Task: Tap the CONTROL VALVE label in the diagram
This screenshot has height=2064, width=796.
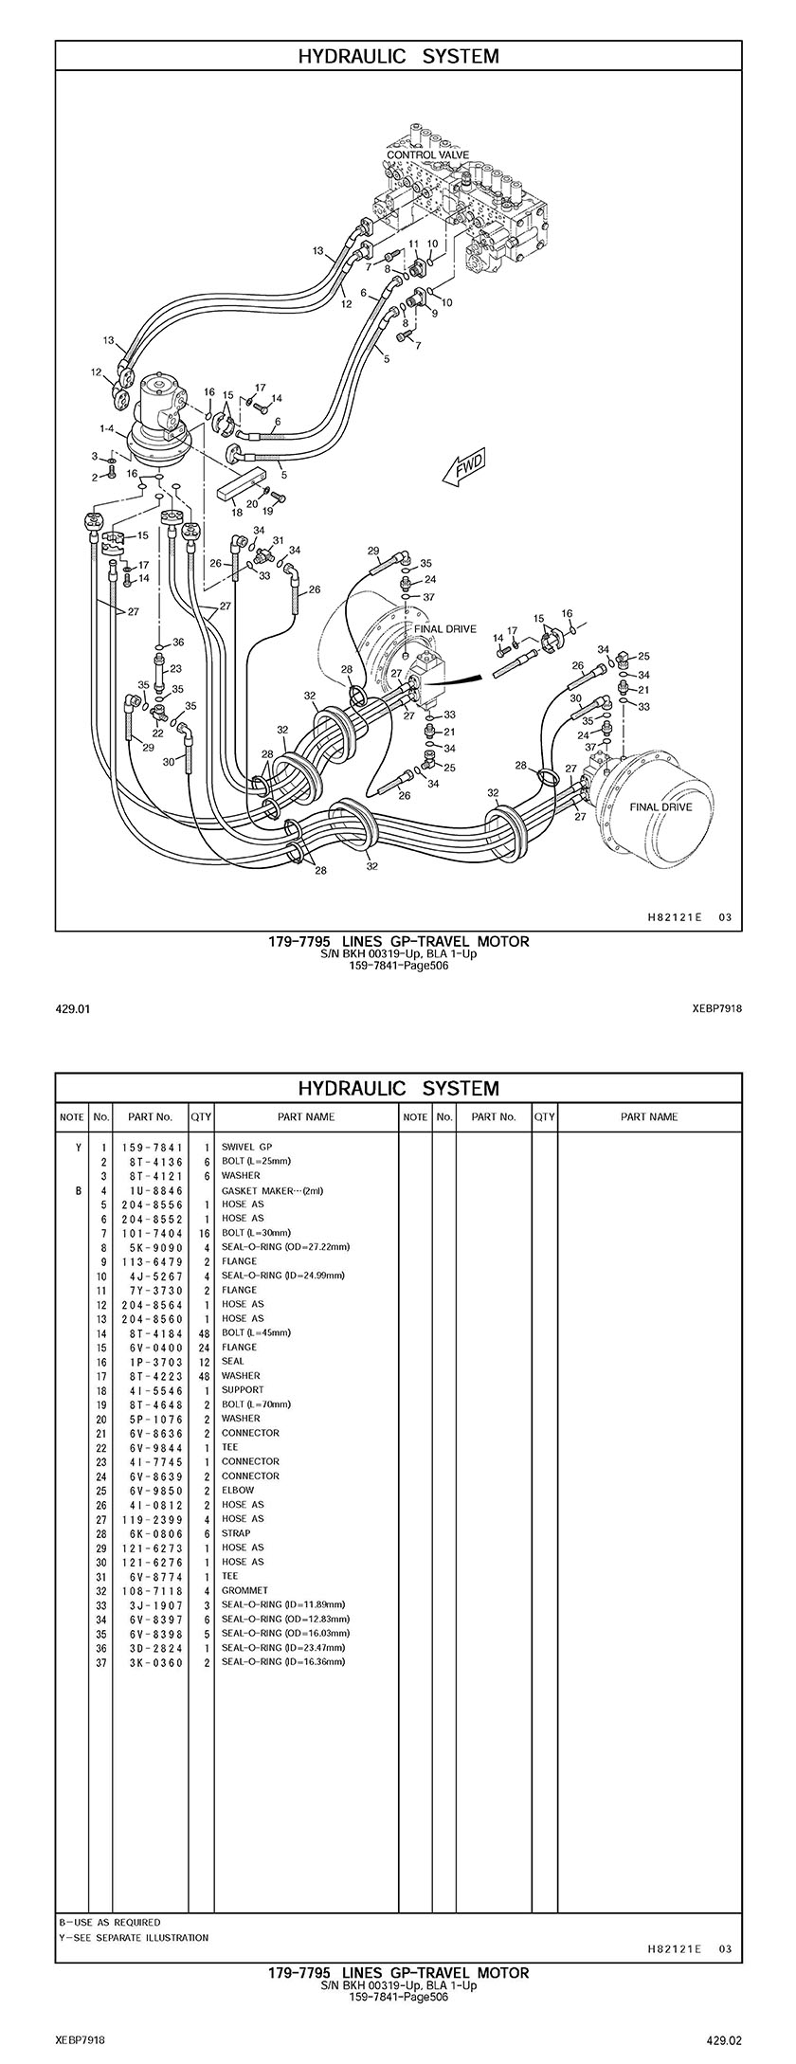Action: click(427, 154)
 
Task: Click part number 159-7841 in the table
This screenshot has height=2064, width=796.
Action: click(152, 1147)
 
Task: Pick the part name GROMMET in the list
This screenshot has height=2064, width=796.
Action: click(244, 1590)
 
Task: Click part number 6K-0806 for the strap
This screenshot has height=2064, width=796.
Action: click(152, 1532)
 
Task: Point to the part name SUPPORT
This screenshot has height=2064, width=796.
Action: click(243, 1389)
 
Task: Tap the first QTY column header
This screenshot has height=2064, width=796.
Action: click(201, 1116)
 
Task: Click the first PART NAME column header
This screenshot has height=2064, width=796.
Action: click(306, 1116)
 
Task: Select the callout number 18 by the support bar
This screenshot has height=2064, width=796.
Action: click(237, 513)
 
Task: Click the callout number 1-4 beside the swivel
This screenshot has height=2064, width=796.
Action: click(107, 429)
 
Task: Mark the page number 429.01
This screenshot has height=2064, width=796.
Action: click(72, 1009)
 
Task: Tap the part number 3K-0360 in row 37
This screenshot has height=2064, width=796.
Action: click(152, 1661)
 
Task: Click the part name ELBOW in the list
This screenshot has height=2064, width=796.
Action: click(238, 1490)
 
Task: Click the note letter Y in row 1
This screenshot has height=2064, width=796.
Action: click(78, 1147)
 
